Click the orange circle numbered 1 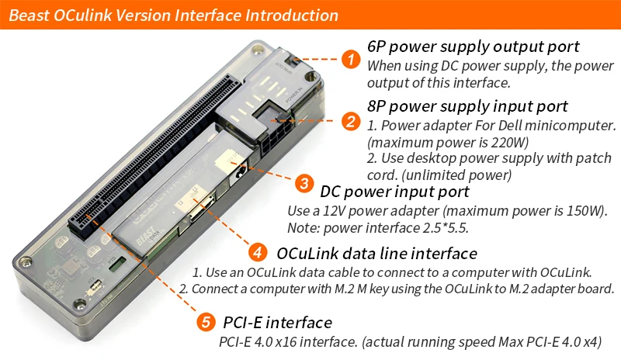[352, 58]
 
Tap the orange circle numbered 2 [352, 120]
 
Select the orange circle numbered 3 [304, 183]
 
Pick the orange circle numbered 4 [258, 252]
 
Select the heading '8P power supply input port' [467, 106]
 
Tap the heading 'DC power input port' [394, 191]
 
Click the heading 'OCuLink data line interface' [376, 253]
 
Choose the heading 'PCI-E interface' [277, 322]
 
